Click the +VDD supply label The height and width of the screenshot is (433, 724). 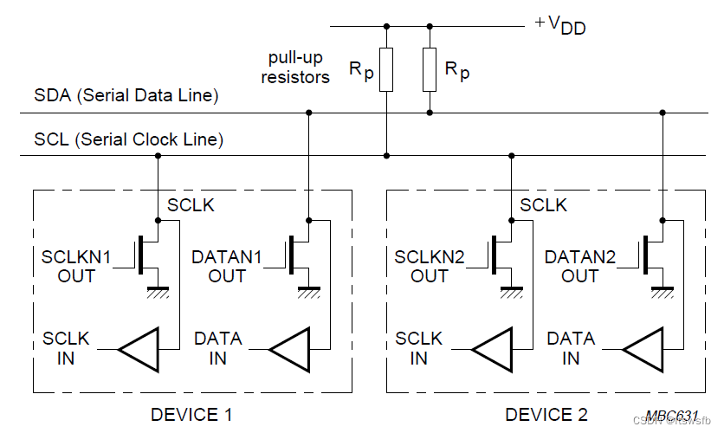pyautogui.click(x=559, y=24)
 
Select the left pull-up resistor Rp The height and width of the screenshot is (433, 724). pyautogui.click(x=386, y=70)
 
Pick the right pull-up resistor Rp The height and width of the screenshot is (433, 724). pyautogui.click(x=430, y=70)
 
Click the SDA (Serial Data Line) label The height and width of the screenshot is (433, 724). pyautogui.click(x=126, y=95)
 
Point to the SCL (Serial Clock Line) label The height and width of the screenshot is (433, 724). pyautogui.click(x=129, y=139)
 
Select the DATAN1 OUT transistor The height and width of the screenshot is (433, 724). pyautogui.click(x=300, y=253)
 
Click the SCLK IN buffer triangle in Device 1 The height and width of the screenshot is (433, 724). pyautogui.click(x=139, y=348)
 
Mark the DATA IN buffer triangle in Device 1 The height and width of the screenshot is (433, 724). pyautogui.click(x=289, y=348)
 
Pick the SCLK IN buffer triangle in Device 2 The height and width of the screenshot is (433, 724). pyautogui.click(x=492, y=348)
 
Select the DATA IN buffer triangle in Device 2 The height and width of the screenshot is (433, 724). pyautogui.click(x=643, y=348)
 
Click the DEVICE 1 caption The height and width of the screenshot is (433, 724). pyautogui.click(x=191, y=414)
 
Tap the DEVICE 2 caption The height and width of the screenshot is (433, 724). pyautogui.click(x=546, y=414)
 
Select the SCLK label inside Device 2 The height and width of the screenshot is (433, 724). pyautogui.click(x=543, y=205)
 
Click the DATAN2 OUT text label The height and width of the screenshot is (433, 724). pyautogui.click(x=579, y=266)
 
